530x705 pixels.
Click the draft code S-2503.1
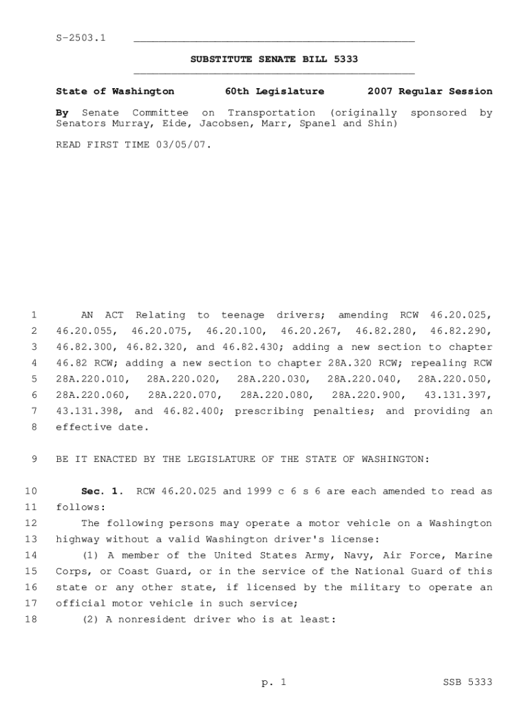[x=81, y=37]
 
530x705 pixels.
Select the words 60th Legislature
[x=275, y=91]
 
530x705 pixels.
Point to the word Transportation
[x=271, y=112]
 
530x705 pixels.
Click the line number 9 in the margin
[x=33, y=459]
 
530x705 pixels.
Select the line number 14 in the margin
[x=30, y=555]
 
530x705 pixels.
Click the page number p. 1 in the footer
[x=273, y=682]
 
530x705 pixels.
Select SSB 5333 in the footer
[x=467, y=682]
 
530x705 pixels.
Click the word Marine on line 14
[x=476, y=555]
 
